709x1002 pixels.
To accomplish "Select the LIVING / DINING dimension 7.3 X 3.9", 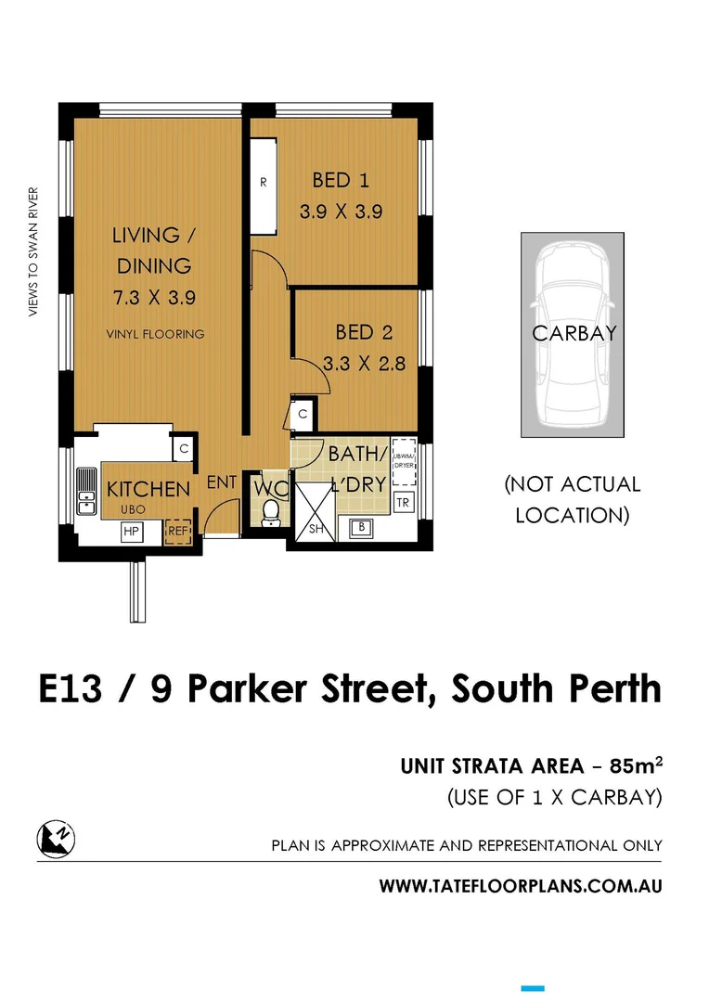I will (x=154, y=299).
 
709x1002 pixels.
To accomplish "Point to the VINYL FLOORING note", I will (x=154, y=334).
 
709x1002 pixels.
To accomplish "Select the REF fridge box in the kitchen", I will (x=177, y=533).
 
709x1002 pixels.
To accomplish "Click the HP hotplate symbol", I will (x=131, y=532).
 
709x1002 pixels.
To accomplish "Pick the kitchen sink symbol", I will (x=86, y=491).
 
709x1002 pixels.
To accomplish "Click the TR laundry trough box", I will (x=403, y=502).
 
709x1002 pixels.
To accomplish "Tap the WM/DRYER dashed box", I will (x=404, y=462).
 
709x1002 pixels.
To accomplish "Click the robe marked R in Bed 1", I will (x=264, y=183).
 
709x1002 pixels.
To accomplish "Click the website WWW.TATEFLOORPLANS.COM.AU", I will (x=521, y=886).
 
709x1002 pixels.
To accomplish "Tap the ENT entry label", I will (x=221, y=482).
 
